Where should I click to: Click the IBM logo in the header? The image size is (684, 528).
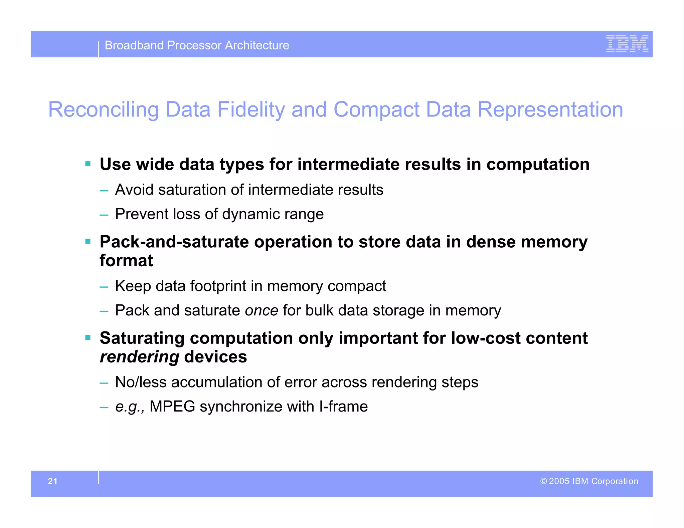(627, 44)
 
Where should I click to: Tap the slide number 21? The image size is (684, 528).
(53, 481)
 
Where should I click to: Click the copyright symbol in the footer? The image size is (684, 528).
(543, 481)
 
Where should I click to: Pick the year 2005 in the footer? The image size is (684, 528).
(559, 481)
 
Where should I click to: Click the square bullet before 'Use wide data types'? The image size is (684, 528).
(88, 164)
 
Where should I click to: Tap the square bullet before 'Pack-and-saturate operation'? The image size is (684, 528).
(88, 241)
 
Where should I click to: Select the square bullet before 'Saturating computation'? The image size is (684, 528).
(88, 338)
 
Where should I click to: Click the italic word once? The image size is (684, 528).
(262, 311)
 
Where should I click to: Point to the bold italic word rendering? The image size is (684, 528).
(140, 357)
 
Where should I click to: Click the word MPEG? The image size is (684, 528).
(172, 407)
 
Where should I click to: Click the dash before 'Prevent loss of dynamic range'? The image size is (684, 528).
(104, 215)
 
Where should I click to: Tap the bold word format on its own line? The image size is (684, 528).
(126, 261)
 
